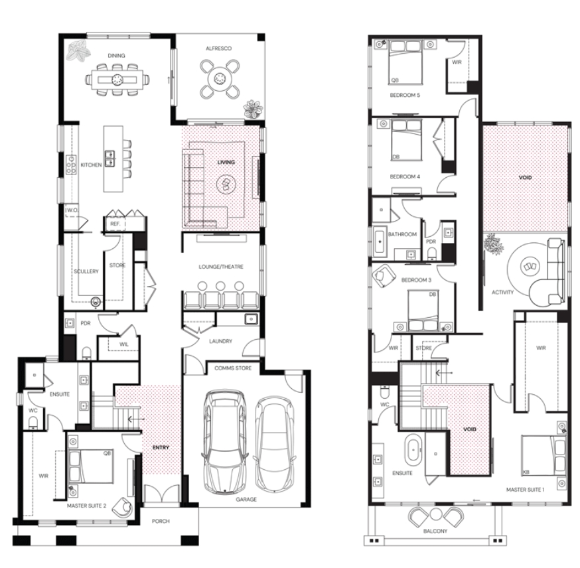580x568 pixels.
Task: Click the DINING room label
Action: click(116, 56)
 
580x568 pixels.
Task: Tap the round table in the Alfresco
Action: click(218, 79)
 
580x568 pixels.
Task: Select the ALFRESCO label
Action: click(218, 48)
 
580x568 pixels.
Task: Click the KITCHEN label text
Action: click(91, 165)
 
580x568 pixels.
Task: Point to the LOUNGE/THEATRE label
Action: click(221, 267)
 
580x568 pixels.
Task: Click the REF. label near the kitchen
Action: click(115, 224)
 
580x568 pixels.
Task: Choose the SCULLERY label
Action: click(86, 271)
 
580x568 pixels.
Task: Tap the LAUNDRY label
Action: click(220, 341)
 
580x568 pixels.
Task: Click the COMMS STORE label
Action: click(233, 368)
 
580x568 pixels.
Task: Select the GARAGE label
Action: click(246, 500)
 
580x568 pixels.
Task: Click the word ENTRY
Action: click(161, 447)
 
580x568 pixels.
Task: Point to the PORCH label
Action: click(161, 521)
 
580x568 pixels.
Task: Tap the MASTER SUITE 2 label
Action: click(86, 506)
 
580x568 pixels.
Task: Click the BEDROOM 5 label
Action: click(405, 95)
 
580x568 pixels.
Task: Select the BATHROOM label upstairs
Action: click(402, 234)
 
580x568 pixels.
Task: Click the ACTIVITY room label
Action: click(503, 292)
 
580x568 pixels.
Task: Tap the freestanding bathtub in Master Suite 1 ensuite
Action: click(413, 450)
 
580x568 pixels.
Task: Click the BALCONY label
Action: click(435, 531)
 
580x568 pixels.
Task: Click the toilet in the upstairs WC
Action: click(385, 390)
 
